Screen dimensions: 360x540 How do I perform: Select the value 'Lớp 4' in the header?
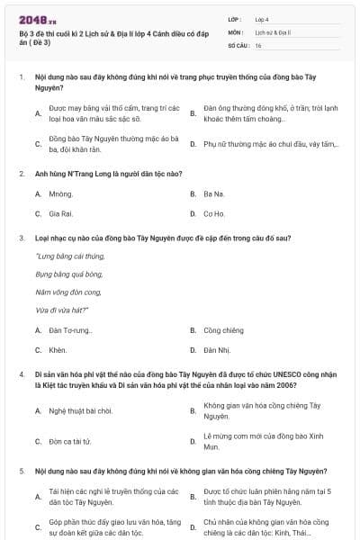point(261,18)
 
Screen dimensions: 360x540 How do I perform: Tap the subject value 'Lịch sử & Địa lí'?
point(271,31)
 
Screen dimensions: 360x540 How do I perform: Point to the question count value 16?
point(258,44)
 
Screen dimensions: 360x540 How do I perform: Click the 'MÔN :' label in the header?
point(235,31)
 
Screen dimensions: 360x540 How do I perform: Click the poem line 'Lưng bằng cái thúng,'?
point(62,257)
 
